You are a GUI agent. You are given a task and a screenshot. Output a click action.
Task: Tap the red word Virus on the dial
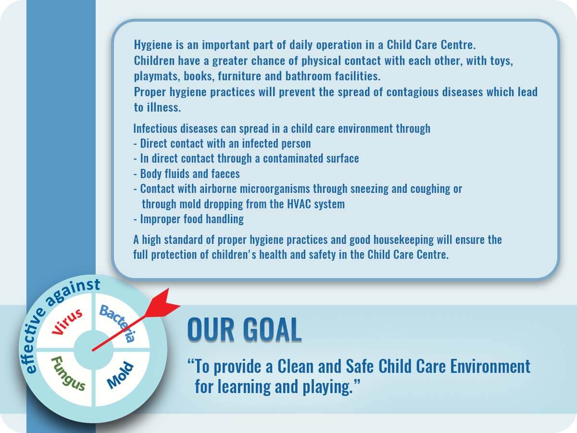click(x=67, y=322)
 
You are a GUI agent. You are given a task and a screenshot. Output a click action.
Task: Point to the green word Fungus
click(x=68, y=374)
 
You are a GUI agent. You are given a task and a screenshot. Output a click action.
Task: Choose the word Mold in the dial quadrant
click(x=120, y=375)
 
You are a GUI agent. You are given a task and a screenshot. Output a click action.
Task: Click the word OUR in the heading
click(x=211, y=329)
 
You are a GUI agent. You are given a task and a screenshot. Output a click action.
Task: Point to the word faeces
click(x=226, y=174)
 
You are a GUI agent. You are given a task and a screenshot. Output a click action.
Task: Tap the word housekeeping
click(x=403, y=240)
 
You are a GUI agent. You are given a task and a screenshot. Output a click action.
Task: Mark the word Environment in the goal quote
click(x=490, y=366)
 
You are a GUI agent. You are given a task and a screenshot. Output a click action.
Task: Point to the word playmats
click(x=157, y=76)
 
